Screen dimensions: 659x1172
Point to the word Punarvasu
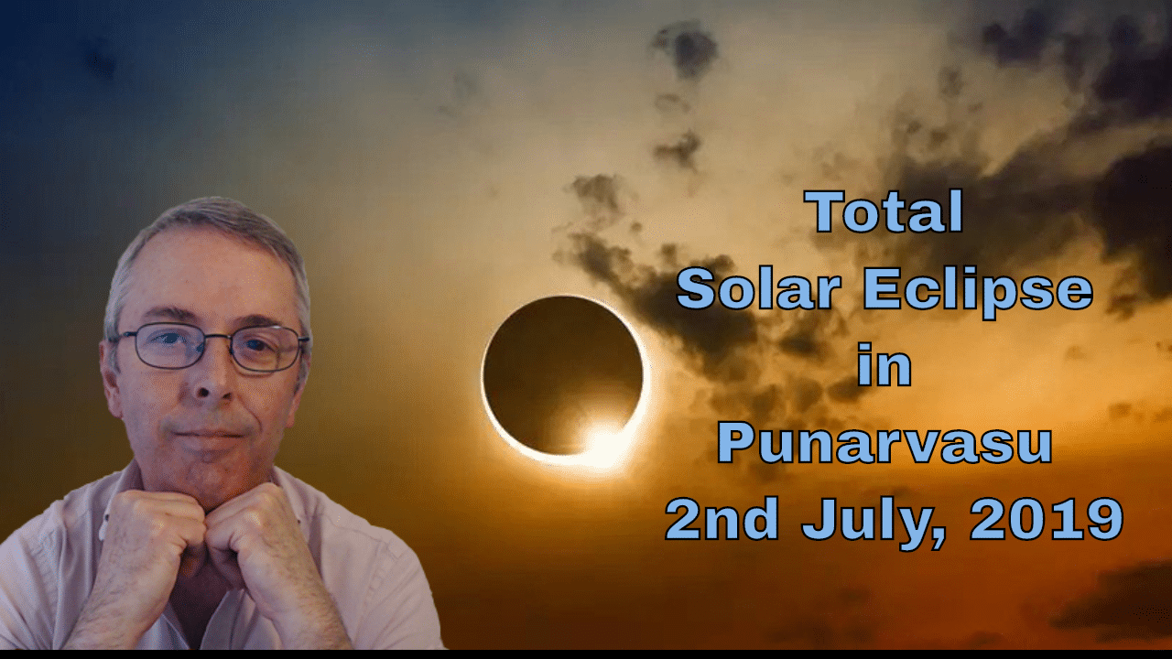884,443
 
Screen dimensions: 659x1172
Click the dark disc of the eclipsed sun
560,371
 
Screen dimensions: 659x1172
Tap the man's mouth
210,430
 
